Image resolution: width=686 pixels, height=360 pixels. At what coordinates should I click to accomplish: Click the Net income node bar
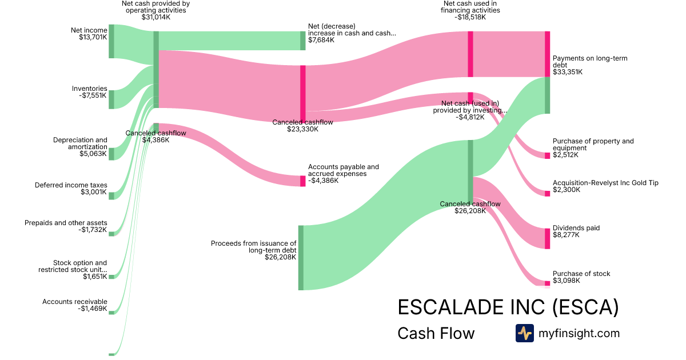111,41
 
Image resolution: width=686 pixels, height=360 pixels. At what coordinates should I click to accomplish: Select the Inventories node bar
111,99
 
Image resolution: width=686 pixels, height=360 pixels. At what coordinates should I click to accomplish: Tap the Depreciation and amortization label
80,143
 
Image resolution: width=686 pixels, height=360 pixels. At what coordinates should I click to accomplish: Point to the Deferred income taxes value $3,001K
94,193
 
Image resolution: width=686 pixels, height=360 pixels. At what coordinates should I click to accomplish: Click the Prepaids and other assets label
66,223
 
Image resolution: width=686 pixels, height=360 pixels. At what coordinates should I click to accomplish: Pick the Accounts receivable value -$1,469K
93,309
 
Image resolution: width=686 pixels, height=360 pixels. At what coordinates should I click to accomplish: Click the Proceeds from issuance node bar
301,258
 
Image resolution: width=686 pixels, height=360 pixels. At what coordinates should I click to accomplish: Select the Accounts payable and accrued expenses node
303,181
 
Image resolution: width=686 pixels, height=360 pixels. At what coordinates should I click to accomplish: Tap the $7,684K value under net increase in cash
321,41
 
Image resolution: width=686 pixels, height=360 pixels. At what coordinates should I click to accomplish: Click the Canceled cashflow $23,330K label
303,126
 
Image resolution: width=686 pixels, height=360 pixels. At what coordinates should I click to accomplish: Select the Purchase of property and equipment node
547,155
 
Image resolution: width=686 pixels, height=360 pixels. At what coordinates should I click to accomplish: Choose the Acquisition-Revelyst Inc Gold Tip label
605,183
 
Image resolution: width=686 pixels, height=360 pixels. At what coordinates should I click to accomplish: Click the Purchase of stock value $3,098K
566,281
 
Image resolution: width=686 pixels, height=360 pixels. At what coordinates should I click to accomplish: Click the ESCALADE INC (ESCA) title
508,307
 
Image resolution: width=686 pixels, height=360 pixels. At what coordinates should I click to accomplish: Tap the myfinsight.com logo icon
524,333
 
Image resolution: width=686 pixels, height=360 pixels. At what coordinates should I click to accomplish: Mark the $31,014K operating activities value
156,17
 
